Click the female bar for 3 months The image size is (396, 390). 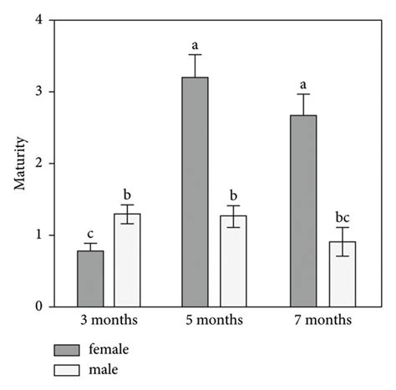point(90,279)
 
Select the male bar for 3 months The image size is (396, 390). point(128,261)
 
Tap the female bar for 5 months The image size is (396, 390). point(195,192)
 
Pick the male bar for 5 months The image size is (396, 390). point(233,261)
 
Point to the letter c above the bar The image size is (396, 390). point(90,233)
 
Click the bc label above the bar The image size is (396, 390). point(341,216)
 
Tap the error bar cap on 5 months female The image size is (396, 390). point(195,55)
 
